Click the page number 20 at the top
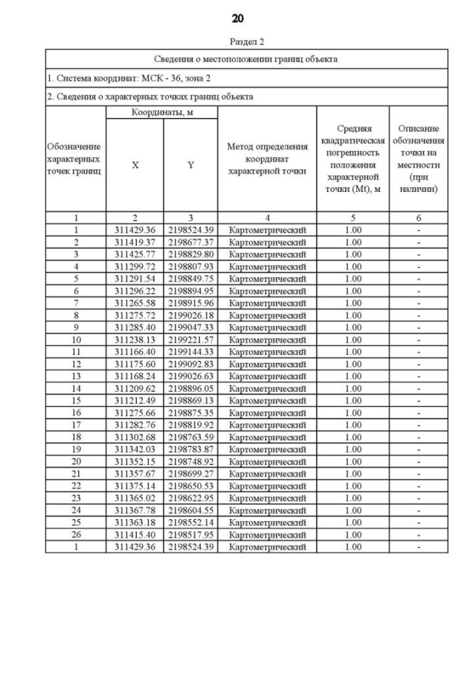click(237, 19)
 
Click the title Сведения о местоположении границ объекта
click(246, 59)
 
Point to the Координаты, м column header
click(162, 112)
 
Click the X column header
click(135, 166)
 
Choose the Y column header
click(190, 166)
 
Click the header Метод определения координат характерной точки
click(267, 158)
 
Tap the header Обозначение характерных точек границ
click(74, 158)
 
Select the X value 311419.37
click(135, 242)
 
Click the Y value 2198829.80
click(190, 254)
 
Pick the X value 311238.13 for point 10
click(135, 340)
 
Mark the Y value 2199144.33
click(190, 352)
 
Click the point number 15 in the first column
click(76, 400)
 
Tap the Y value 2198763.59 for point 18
click(190, 437)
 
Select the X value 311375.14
click(135, 486)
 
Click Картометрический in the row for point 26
click(267, 535)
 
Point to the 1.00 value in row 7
click(353, 303)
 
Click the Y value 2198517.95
click(190, 535)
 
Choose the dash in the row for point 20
click(419, 461)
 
